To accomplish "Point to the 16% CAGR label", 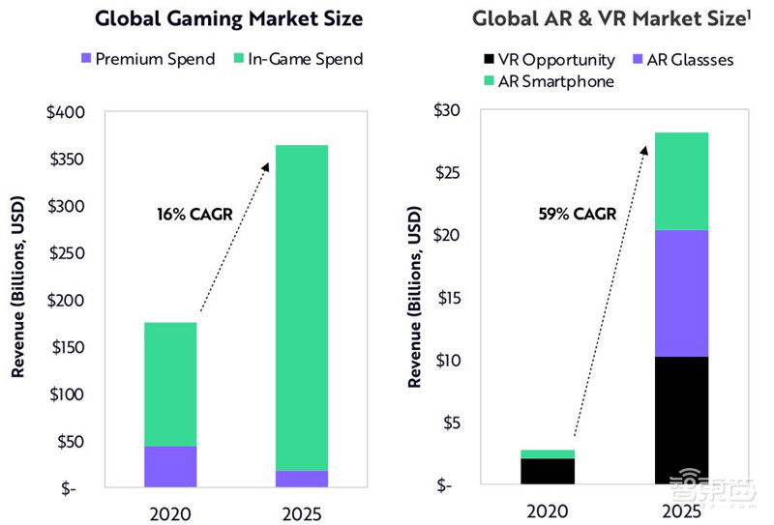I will pyautogui.click(x=194, y=214).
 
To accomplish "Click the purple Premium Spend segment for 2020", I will pyautogui.click(x=170, y=466).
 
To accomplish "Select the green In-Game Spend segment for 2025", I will pyautogui.click(x=302, y=307).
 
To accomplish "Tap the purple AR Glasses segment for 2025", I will pyautogui.click(x=682, y=293).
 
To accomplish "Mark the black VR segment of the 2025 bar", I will pyautogui.click(x=682, y=421).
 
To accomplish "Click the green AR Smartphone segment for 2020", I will pyautogui.click(x=549, y=453).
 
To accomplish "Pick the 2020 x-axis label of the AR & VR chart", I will pyautogui.click(x=549, y=510).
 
